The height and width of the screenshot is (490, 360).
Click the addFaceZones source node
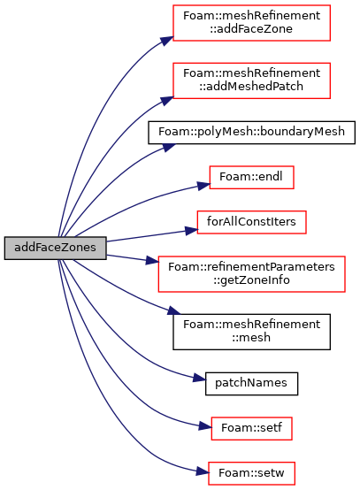tap(56, 248)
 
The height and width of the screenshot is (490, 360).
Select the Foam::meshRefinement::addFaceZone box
tap(251, 22)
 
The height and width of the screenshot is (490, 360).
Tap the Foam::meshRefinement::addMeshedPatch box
tap(251, 80)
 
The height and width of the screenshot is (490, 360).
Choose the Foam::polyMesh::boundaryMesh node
tap(251, 133)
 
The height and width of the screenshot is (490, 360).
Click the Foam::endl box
tap(251, 177)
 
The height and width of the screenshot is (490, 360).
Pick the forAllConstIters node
tap(251, 222)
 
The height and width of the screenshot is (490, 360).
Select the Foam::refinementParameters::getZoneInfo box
tap(251, 274)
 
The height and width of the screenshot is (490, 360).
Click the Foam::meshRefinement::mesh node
tap(251, 332)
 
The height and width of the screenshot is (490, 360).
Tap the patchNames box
tap(251, 384)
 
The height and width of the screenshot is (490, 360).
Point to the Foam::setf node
tap(251, 428)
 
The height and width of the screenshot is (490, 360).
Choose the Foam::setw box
tap(251, 473)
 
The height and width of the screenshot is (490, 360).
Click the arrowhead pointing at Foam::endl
tap(203, 186)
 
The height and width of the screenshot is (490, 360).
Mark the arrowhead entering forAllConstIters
tap(191, 230)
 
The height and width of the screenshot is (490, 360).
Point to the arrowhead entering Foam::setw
tap(203, 471)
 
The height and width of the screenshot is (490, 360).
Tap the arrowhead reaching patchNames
tap(199, 379)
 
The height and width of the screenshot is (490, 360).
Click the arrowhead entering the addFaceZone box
tap(167, 41)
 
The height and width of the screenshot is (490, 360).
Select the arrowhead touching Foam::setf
tap(205, 426)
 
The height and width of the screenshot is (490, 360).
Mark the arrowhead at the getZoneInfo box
tap(153, 260)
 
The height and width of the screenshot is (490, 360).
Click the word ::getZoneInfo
tap(251, 280)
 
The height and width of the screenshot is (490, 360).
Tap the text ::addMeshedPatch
tap(251, 87)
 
